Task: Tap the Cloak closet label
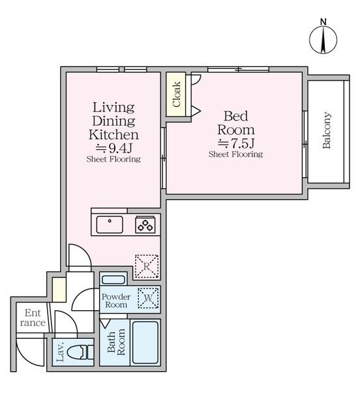coord(176,94)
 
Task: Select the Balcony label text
coord(327,130)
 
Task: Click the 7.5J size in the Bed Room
coord(236,143)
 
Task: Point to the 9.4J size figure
coord(114,148)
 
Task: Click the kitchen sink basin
coord(110,225)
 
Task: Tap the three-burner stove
coord(145,225)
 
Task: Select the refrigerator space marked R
coord(147,266)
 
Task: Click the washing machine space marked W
coord(148,298)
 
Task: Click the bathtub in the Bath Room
coord(145,343)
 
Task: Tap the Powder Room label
coord(116,300)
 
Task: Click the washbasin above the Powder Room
coord(113,280)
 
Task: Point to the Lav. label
coord(60,352)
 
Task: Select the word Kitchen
coord(113,135)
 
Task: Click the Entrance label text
coord(33,318)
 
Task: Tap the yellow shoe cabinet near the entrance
coord(59,289)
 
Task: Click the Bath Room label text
coord(116,342)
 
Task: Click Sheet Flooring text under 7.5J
coord(235,154)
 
